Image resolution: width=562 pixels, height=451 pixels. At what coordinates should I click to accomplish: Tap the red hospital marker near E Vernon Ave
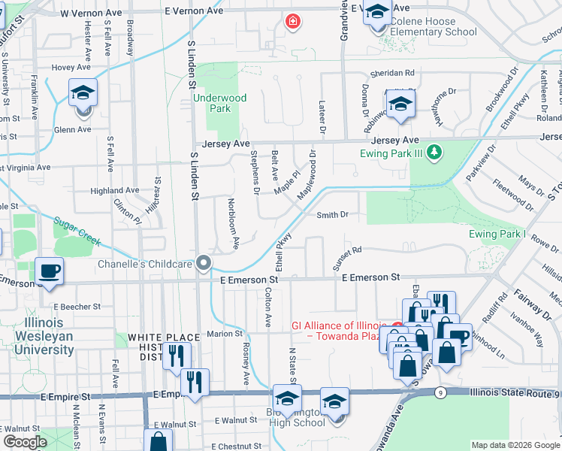coord(292,23)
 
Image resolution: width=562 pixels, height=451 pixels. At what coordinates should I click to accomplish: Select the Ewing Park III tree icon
coord(433,153)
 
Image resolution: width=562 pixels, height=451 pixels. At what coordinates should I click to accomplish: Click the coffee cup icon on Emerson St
coord(50,271)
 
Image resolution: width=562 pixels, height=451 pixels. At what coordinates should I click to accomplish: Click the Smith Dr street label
coord(332,215)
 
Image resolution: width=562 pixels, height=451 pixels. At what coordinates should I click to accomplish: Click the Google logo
coord(25,443)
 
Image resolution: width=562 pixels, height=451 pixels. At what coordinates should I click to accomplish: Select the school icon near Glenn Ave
coord(83,95)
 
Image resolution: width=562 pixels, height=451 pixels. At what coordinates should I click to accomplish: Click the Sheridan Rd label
coord(392,74)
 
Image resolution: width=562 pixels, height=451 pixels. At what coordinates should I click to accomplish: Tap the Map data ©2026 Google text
coord(515,445)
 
